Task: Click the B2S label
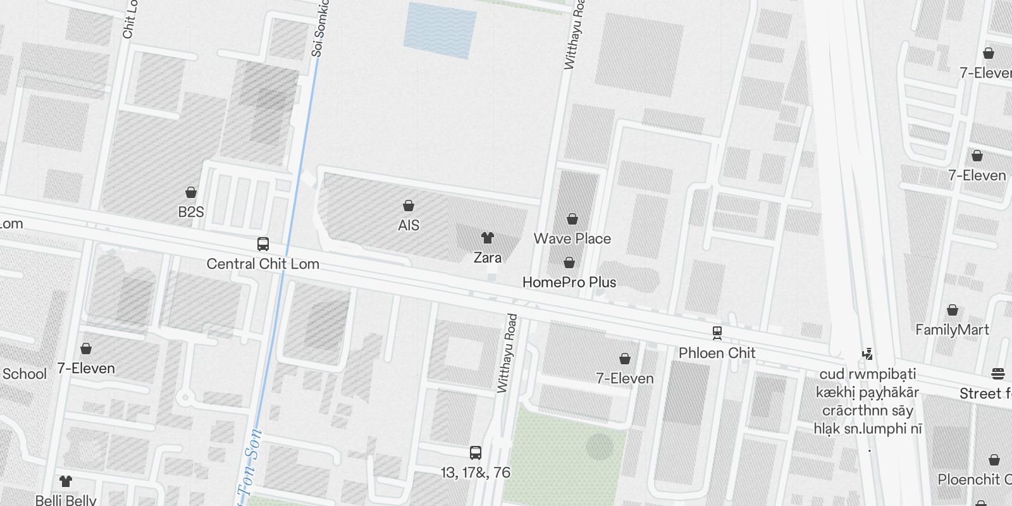191,212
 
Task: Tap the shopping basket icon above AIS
409,206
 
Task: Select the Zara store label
488,257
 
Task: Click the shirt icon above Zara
487,238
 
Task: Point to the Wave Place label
572,238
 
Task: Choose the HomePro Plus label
569,282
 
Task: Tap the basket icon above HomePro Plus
569,262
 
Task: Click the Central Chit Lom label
263,264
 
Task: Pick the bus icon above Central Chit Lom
263,244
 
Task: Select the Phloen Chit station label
717,353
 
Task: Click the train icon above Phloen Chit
717,333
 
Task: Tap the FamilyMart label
953,330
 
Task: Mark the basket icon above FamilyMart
953,310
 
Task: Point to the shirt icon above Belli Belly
66,481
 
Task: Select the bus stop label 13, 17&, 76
476,472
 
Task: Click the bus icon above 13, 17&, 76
476,453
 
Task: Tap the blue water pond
440,30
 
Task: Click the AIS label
409,225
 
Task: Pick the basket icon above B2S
191,192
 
